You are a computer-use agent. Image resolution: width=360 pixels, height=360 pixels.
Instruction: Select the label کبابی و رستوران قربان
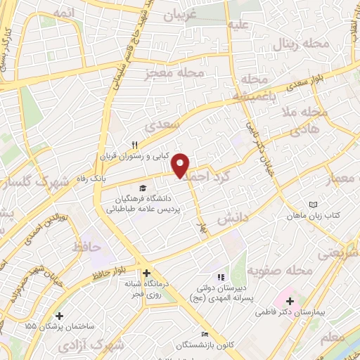(135, 157)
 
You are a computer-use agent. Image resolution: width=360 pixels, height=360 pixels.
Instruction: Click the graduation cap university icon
(143, 188)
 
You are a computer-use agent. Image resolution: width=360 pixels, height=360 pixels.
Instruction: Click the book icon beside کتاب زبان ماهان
(313, 205)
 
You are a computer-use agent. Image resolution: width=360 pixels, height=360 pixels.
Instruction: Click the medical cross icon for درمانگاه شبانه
(146, 273)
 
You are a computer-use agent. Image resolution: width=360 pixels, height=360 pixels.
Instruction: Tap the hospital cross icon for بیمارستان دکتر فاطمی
(290, 300)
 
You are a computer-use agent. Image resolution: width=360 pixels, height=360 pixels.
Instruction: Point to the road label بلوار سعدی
(304, 88)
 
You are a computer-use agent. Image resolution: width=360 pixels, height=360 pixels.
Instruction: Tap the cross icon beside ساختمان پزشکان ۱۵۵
(59, 317)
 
